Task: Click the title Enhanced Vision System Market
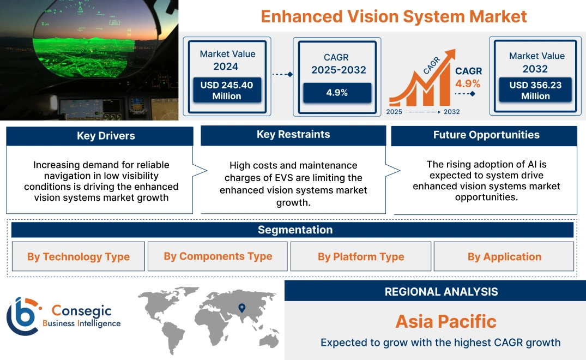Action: click(x=394, y=16)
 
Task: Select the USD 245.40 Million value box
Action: click(x=226, y=91)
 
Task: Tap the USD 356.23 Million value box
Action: click(x=535, y=91)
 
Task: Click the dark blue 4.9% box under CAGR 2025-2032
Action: click(x=337, y=93)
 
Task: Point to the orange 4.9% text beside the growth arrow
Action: click(x=468, y=83)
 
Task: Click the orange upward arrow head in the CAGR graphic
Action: click(x=450, y=54)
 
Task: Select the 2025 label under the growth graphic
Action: click(x=395, y=112)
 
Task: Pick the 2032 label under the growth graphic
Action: click(x=451, y=112)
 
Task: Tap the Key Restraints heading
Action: click(x=293, y=135)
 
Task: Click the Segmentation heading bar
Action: click(x=295, y=230)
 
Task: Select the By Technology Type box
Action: click(x=78, y=256)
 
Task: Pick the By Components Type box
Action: click(x=218, y=256)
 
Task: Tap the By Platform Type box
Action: click(x=361, y=256)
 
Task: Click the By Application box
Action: click(x=504, y=256)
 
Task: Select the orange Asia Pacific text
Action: click(x=446, y=321)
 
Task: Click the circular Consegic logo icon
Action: click(x=22, y=316)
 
